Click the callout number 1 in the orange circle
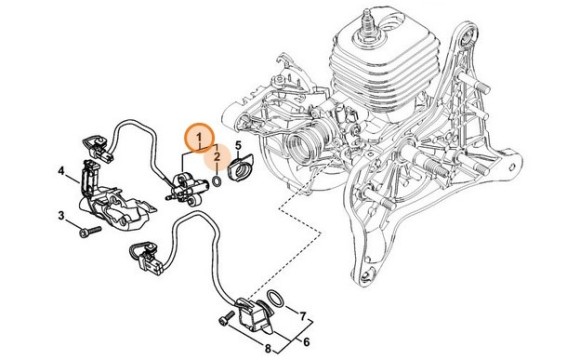pyautogui.click(x=199, y=138)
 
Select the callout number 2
pyautogui.click(x=217, y=157)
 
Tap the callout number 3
pyautogui.click(x=61, y=215)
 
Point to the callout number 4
pyautogui.click(x=61, y=171)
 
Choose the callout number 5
pyautogui.click(x=238, y=145)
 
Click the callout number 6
pyautogui.click(x=306, y=342)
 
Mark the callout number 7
pyautogui.click(x=303, y=316)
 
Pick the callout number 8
pyautogui.click(x=268, y=348)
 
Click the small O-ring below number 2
pyautogui.click(x=217, y=182)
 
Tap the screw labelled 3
pyautogui.click(x=90, y=232)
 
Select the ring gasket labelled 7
pyautogui.click(x=275, y=298)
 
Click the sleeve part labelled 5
pyautogui.click(x=240, y=168)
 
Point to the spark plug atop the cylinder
pyautogui.click(x=368, y=26)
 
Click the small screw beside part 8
pyautogui.click(x=227, y=318)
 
